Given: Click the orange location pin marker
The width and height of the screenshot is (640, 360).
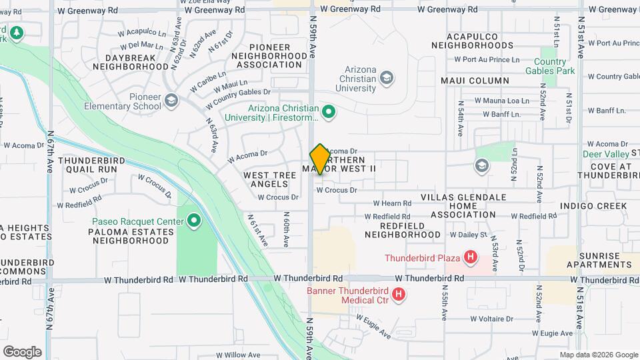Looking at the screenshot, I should tap(320, 159).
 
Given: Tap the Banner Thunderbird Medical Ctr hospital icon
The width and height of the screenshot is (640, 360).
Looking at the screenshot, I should tap(399, 294).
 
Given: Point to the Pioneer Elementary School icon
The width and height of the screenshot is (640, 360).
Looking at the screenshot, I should tap(171, 101).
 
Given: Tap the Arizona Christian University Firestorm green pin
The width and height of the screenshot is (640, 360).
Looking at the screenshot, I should tap(328, 111).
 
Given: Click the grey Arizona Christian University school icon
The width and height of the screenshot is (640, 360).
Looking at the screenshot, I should tap(386, 79).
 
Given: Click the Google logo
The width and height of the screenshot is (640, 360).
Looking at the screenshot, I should tap(22, 352).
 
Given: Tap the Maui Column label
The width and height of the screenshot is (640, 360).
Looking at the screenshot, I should tap(475, 81).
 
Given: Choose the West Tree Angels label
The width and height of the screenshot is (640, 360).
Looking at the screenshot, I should tap(269, 179).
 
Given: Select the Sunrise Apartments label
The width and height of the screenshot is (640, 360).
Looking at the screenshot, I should tap(599, 260).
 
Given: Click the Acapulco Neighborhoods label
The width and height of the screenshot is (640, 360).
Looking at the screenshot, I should tap(472, 40).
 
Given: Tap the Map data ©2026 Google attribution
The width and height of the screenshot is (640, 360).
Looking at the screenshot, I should tap(597, 355).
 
